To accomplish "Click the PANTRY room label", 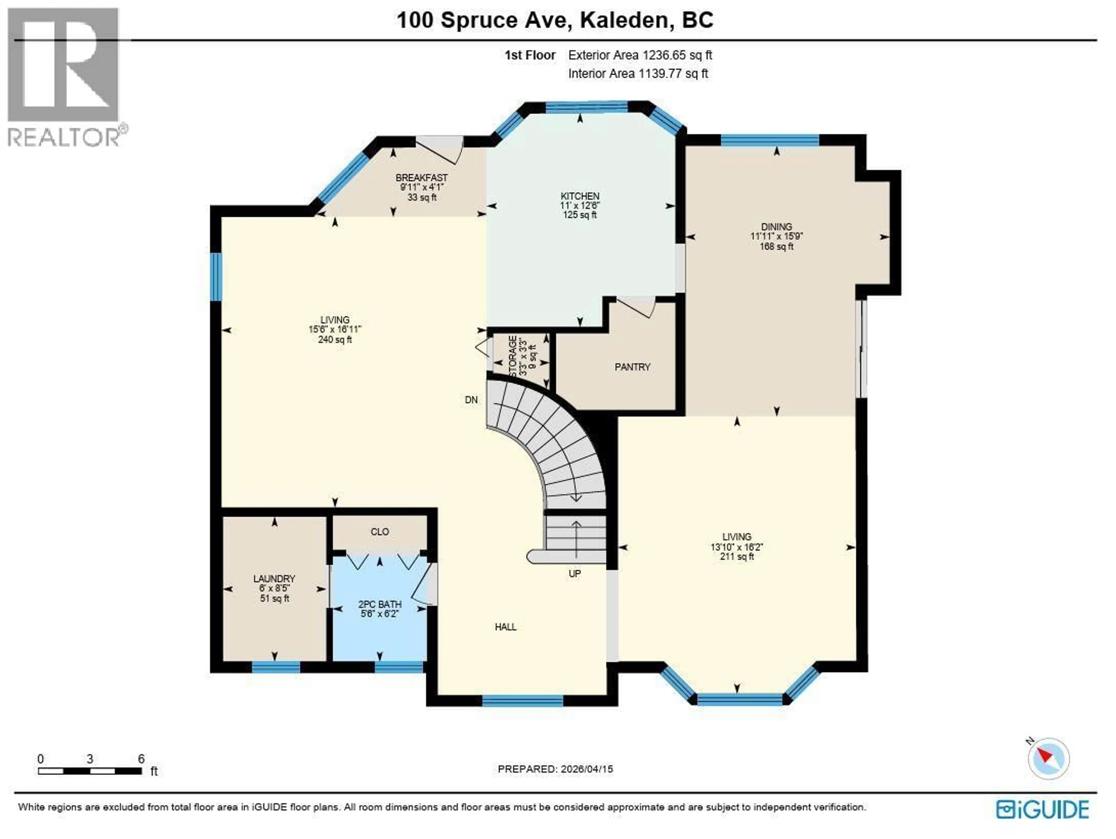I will click(x=632, y=367).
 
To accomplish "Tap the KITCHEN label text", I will click(x=580, y=196).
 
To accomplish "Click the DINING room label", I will click(x=777, y=227).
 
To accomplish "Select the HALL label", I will click(x=505, y=627).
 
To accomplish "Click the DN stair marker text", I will click(x=471, y=400).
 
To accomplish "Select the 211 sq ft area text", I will click(x=737, y=557).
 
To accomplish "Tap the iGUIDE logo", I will click(x=1042, y=810).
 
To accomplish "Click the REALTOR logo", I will click(x=63, y=76).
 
